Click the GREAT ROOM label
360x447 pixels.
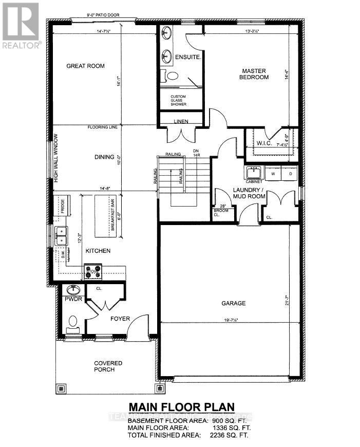point(85,66)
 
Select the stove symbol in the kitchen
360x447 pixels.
point(94,271)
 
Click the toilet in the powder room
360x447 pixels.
point(73,323)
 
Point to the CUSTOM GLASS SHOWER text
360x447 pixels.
point(178,100)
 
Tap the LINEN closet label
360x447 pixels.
point(180,121)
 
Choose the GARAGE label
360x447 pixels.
point(234,303)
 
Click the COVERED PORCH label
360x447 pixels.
point(108,366)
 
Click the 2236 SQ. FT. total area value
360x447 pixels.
point(230,435)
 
